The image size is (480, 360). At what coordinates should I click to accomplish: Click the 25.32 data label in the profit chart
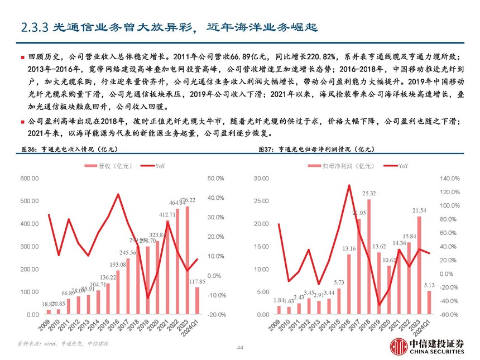click(368, 193)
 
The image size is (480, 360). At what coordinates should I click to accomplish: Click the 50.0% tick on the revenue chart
click(215, 179)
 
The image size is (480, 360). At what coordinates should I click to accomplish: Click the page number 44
click(240, 348)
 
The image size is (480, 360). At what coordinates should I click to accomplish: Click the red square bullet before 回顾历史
click(22, 57)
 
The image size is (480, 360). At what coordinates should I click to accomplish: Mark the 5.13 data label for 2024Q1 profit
click(429, 285)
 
